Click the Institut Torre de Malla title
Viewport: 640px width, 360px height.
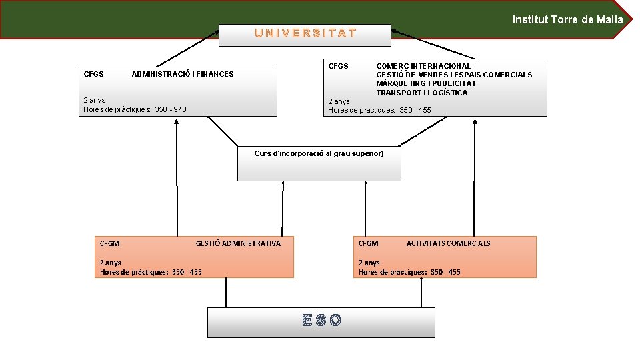[567, 19]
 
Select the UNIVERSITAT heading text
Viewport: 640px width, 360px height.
[305, 33]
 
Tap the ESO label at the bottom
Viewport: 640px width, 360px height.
[321, 321]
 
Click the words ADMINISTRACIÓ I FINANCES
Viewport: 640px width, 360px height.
[183, 74]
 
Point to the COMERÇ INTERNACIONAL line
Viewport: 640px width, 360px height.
[423, 66]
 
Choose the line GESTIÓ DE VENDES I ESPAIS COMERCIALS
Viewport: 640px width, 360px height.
[454, 75]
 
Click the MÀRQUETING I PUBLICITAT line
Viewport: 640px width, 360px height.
[426, 83]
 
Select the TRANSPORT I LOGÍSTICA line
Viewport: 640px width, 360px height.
[422, 93]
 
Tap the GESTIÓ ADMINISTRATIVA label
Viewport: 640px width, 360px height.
[238, 243]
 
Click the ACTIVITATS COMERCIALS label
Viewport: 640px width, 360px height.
[448, 243]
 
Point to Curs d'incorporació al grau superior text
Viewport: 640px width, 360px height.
[319, 153]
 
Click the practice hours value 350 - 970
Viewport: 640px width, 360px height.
[171, 109]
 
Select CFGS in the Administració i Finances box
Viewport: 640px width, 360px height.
[93, 74]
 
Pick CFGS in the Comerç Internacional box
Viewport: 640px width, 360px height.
[338, 66]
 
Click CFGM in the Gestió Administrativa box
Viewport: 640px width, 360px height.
[109, 243]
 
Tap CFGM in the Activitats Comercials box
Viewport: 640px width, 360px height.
[368, 243]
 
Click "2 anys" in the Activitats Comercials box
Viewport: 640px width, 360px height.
[369, 263]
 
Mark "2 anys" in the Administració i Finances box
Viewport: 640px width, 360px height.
[94, 100]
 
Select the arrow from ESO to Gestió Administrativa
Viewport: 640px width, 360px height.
[227, 293]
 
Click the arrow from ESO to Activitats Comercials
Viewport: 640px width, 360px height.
[421, 293]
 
